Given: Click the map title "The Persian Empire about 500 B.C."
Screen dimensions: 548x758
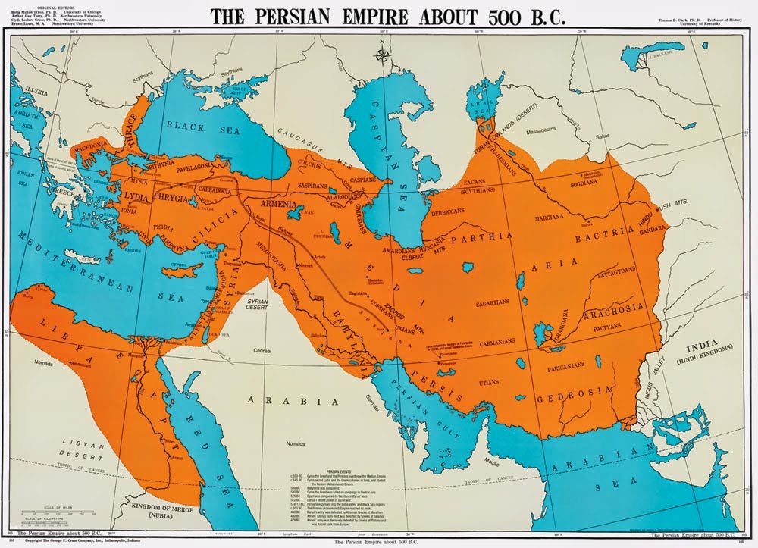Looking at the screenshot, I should click(387, 17).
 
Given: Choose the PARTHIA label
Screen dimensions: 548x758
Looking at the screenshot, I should click(479, 240).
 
